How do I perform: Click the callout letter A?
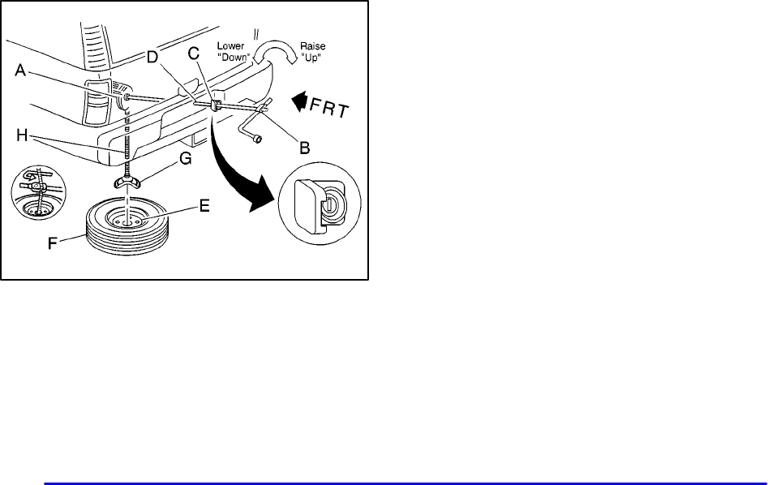pos(24,71)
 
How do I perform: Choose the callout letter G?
pos(185,161)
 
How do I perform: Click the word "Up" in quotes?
pos(313,58)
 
